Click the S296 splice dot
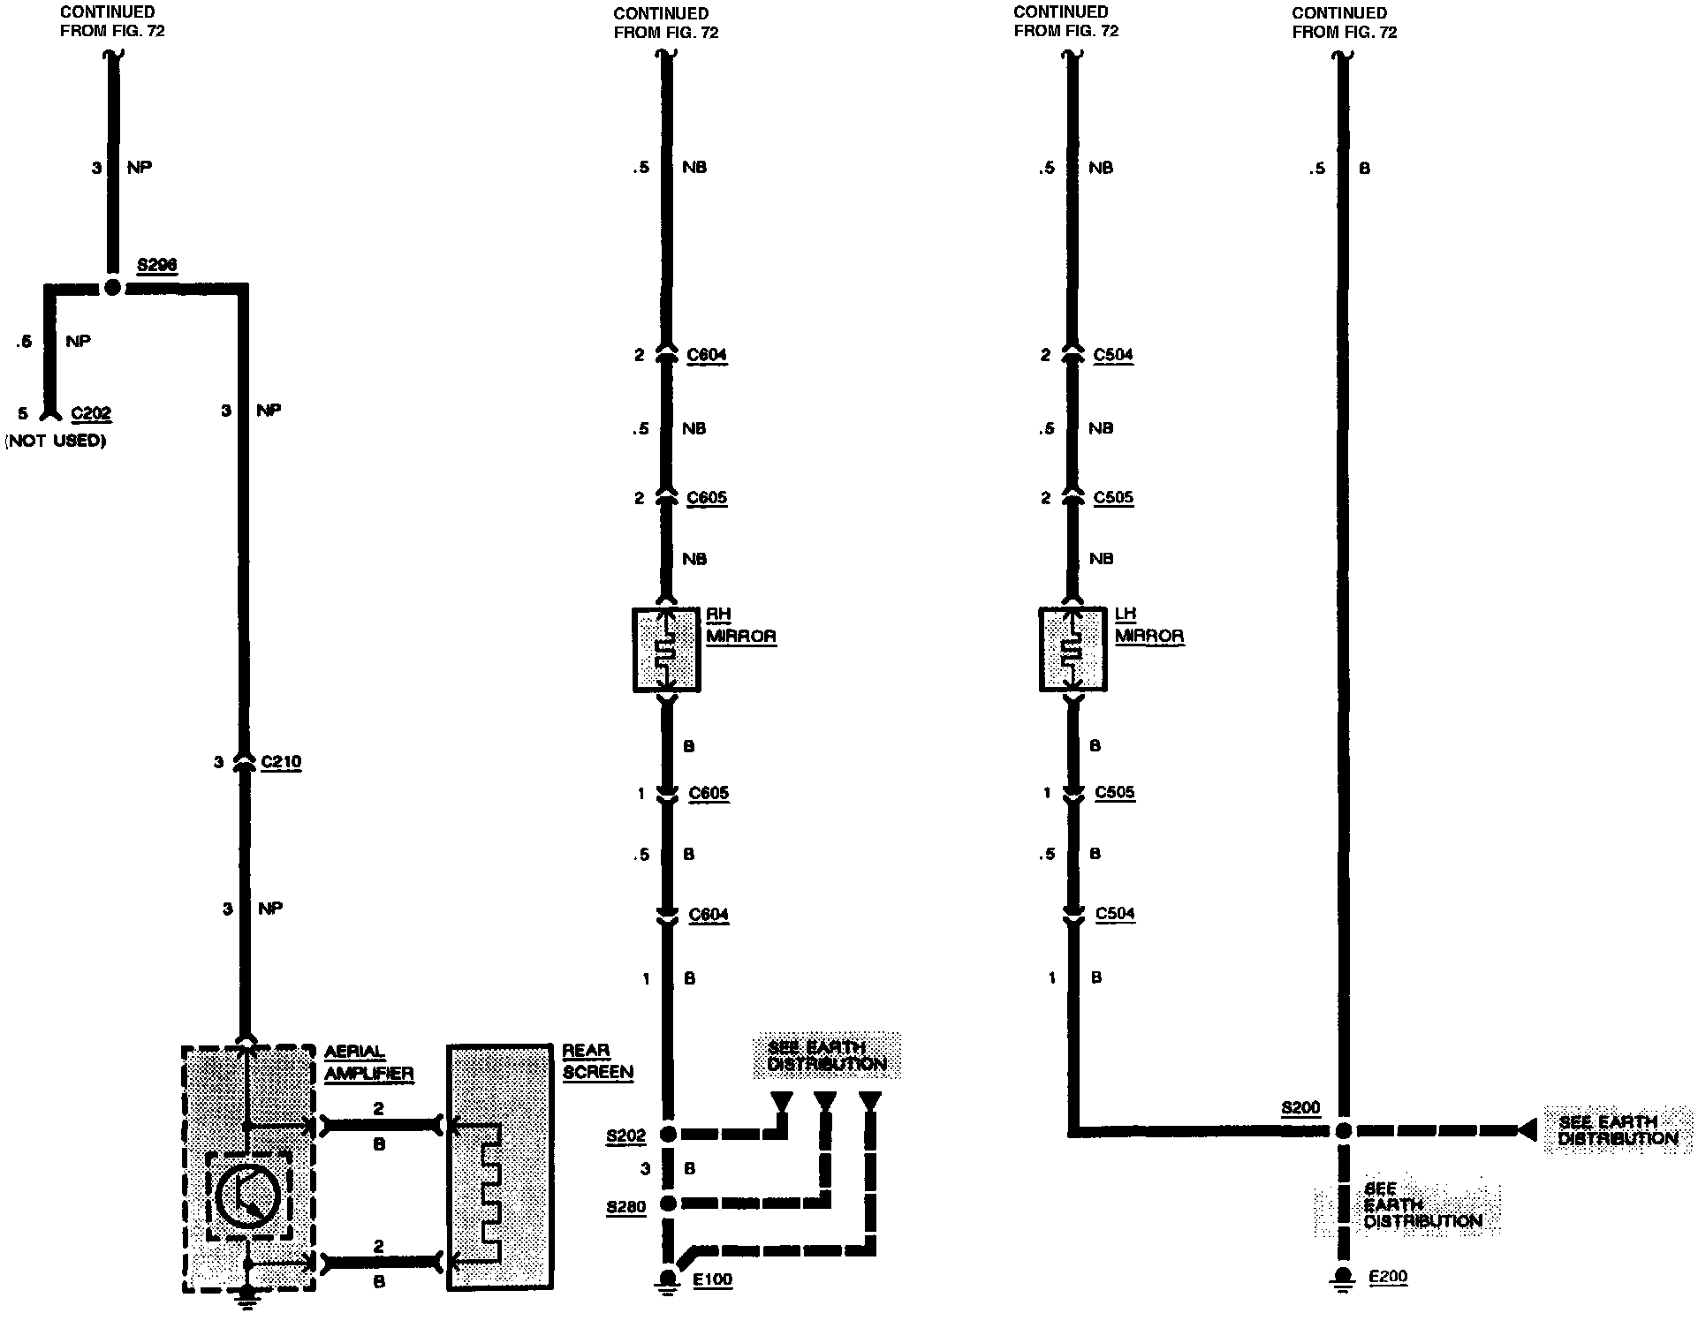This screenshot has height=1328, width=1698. coord(112,287)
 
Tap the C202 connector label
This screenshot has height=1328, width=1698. coord(91,413)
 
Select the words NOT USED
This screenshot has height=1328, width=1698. coord(56,440)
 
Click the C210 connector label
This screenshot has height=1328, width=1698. coord(281,761)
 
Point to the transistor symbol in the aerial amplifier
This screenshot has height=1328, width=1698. coord(248,1196)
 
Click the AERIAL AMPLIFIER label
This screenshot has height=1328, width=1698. coord(368,1062)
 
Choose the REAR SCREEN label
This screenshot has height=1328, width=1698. coord(597,1061)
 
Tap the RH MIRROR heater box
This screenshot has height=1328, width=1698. coord(667,649)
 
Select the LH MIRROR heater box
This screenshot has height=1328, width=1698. coord(1073,649)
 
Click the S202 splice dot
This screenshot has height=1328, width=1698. coord(669,1134)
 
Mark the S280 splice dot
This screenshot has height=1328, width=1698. coord(669,1203)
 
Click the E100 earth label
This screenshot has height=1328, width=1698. coord(712,1279)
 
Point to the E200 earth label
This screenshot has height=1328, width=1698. coord(1387,1277)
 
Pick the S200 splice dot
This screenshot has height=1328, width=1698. coord(1343,1130)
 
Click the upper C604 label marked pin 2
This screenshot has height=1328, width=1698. coord(707,355)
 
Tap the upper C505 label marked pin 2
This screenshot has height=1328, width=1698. coord(1113,497)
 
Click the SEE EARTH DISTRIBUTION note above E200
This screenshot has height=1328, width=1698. coord(1406,1205)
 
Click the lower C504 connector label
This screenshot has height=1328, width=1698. coord(1115,914)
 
